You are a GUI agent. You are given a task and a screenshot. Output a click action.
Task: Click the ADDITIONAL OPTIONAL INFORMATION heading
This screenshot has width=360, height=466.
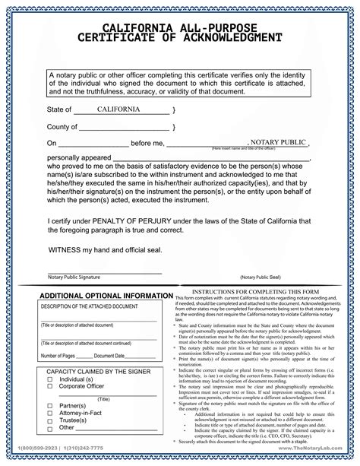coord(106,296)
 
